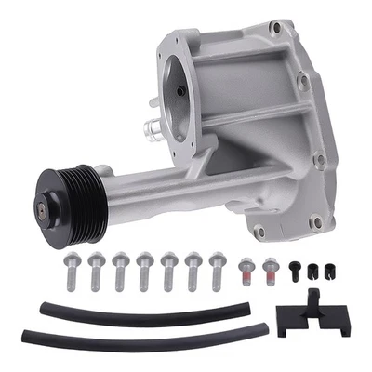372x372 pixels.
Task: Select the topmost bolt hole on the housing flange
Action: point(274,29)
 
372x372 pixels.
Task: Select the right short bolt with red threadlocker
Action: point(271,271)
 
